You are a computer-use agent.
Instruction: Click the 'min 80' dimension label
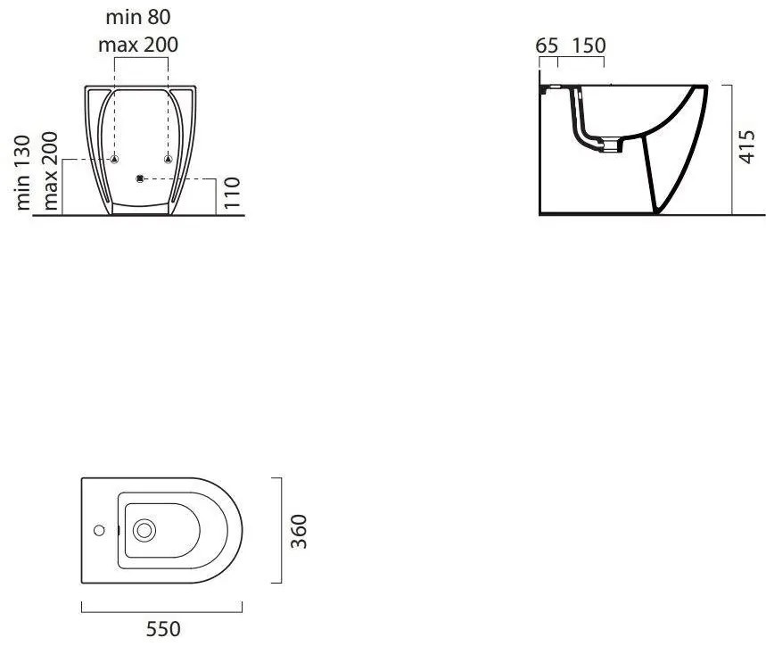(x=138, y=17)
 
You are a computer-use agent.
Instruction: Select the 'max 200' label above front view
(x=138, y=45)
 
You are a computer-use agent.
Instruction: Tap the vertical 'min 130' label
(x=22, y=173)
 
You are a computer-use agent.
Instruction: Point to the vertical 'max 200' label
(x=50, y=171)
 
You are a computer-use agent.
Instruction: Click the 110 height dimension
(x=232, y=193)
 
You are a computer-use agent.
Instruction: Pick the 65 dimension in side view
(x=547, y=46)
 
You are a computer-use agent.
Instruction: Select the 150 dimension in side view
(x=589, y=46)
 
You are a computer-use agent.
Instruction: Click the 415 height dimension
(x=747, y=146)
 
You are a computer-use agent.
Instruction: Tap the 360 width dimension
(x=299, y=531)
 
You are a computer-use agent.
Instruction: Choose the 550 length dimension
(x=163, y=629)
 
